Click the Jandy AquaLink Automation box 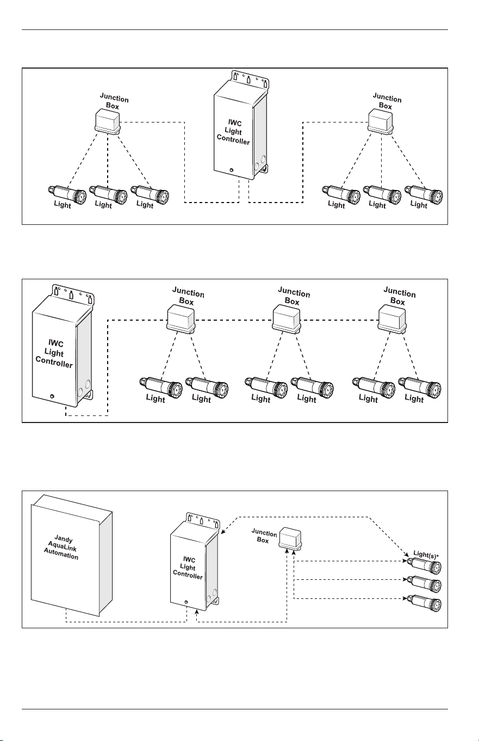point(72,555)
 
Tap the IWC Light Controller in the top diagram point(241,125)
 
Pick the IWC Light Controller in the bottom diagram point(195,561)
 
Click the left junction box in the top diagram point(107,122)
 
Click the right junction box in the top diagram point(381,122)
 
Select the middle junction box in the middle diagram point(287,319)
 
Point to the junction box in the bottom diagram point(290,538)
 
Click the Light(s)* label point(426,555)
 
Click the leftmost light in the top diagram point(67,195)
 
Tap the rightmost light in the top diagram point(424,195)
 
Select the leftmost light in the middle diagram point(161,387)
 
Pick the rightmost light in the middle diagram point(420,387)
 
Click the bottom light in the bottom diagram point(424,603)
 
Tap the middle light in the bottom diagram point(424,585)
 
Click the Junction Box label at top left point(114,101)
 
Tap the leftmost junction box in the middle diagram point(181,319)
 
